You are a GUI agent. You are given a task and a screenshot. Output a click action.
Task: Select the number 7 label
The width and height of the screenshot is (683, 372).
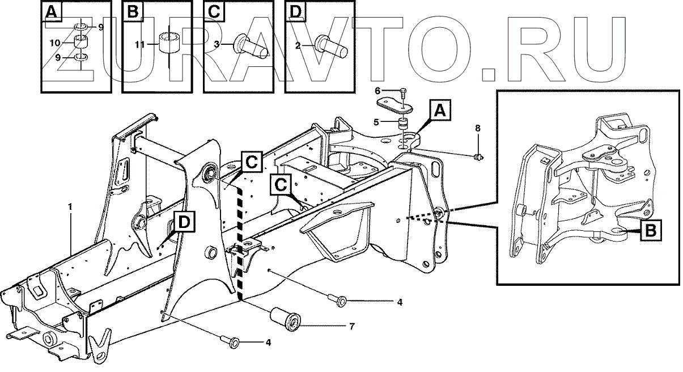(x=351, y=326)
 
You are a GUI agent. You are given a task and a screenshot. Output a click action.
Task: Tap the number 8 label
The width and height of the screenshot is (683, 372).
(x=477, y=129)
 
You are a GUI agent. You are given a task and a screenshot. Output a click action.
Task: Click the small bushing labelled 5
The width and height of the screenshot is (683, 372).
(x=404, y=123)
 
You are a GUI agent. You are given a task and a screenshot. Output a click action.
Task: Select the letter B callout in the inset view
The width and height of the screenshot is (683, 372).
(x=651, y=230)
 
